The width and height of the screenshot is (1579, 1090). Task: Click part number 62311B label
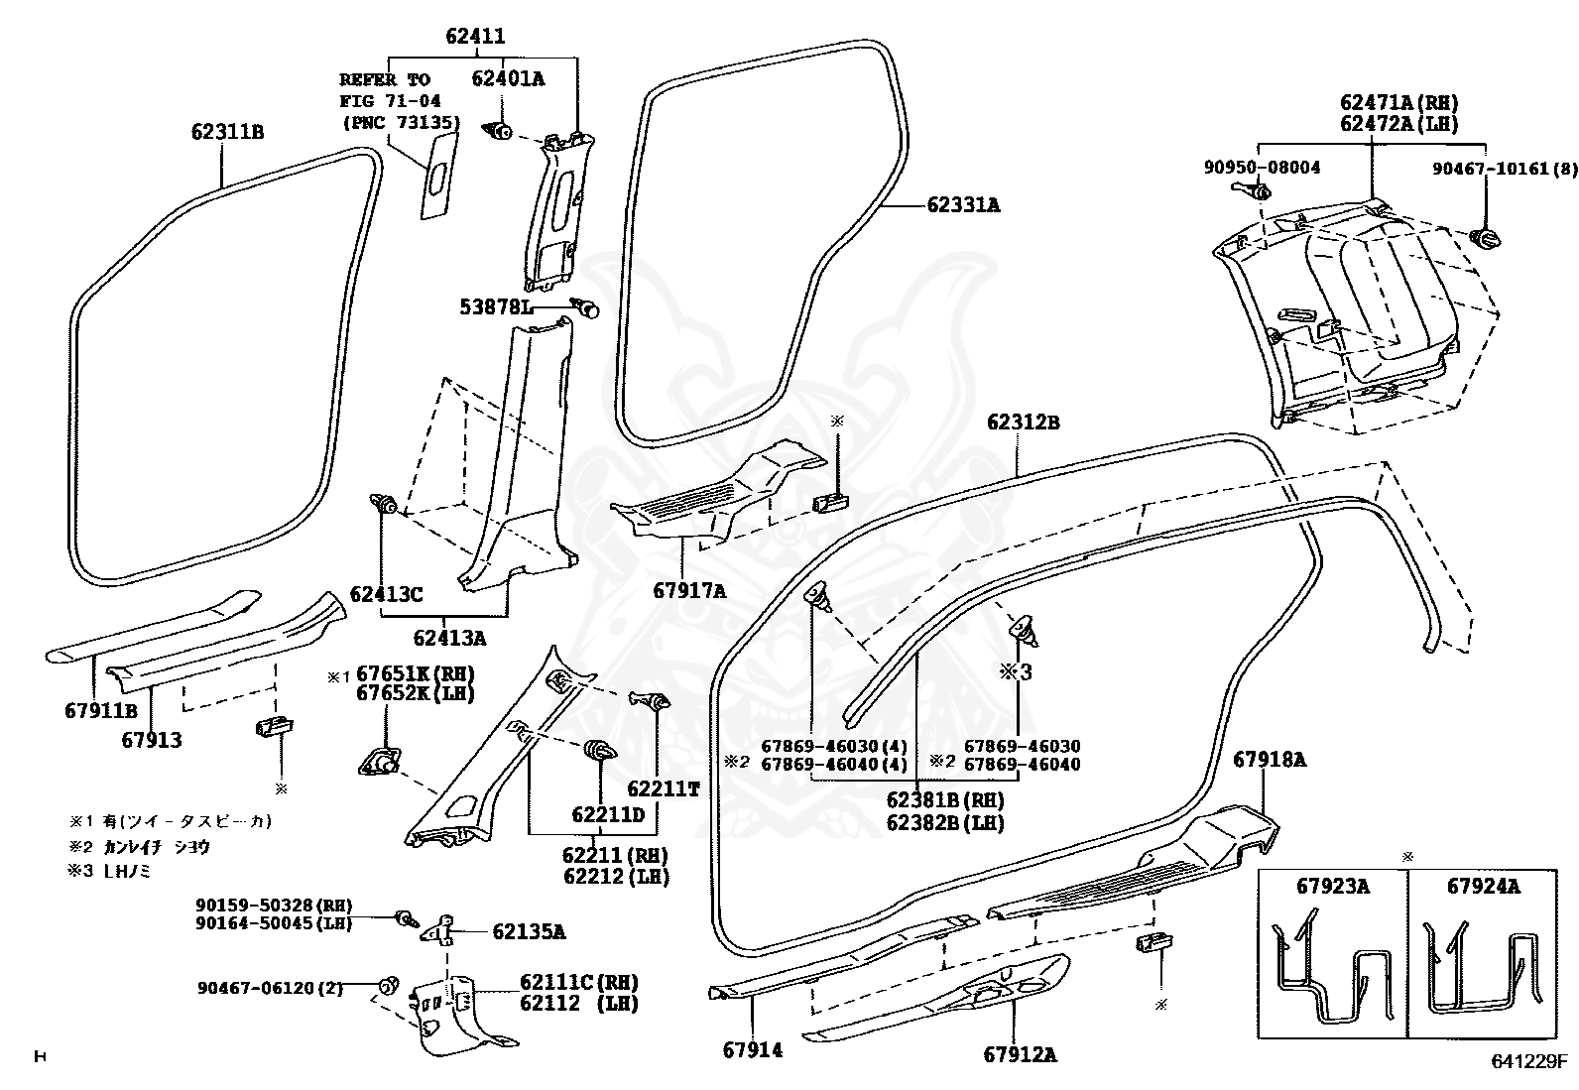click(228, 131)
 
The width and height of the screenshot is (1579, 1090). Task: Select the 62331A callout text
click(963, 205)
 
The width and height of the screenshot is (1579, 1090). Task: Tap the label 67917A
click(689, 591)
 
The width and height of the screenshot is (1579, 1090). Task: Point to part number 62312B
click(1024, 423)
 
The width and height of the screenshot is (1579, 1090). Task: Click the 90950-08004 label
click(1262, 168)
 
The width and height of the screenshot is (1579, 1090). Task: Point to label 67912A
click(1020, 1054)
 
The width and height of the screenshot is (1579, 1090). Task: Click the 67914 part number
click(753, 1049)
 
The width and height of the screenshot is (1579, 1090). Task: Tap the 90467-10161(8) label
click(1504, 169)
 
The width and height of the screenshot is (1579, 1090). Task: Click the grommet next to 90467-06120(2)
click(389, 985)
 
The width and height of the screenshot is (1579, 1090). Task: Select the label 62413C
click(386, 594)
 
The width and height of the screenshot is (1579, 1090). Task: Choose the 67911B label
click(100, 710)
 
